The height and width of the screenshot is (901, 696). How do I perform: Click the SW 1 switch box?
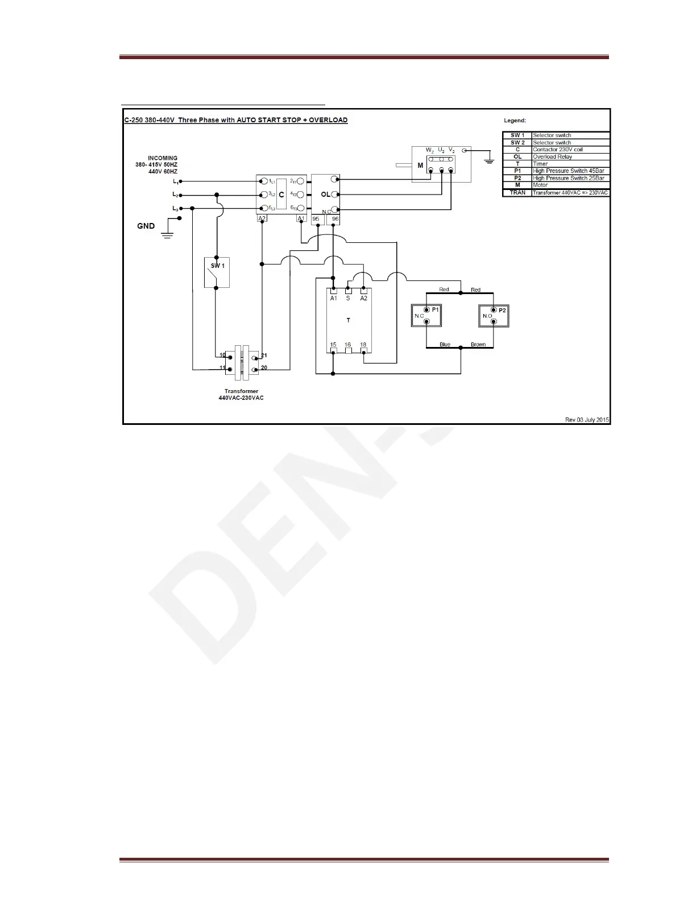click(217, 272)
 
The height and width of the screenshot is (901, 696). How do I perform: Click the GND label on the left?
click(146, 226)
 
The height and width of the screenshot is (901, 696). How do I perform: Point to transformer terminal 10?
click(223, 355)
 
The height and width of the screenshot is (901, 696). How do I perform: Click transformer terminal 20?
click(264, 368)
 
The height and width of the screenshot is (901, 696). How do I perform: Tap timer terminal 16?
click(348, 345)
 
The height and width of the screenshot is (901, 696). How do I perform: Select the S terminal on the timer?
click(348, 298)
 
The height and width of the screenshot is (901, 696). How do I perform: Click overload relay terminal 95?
click(316, 219)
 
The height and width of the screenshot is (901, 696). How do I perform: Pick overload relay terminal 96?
click(335, 219)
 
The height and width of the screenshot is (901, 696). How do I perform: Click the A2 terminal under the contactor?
click(262, 219)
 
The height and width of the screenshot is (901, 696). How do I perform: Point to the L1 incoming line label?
click(176, 181)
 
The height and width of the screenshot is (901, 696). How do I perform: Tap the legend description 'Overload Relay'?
click(552, 156)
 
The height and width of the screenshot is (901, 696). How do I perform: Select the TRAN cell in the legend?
click(517, 193)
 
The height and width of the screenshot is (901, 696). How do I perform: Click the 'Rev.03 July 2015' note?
click(587, 420)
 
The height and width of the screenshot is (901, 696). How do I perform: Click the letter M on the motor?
click(420, 166)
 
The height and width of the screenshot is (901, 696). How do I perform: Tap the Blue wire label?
click(445, 345)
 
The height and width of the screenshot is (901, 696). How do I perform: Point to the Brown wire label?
click(478, 345)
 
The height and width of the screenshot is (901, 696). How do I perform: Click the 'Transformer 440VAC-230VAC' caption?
click(241, 394)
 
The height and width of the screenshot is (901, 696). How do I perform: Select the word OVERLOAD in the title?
click(328, 120)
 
